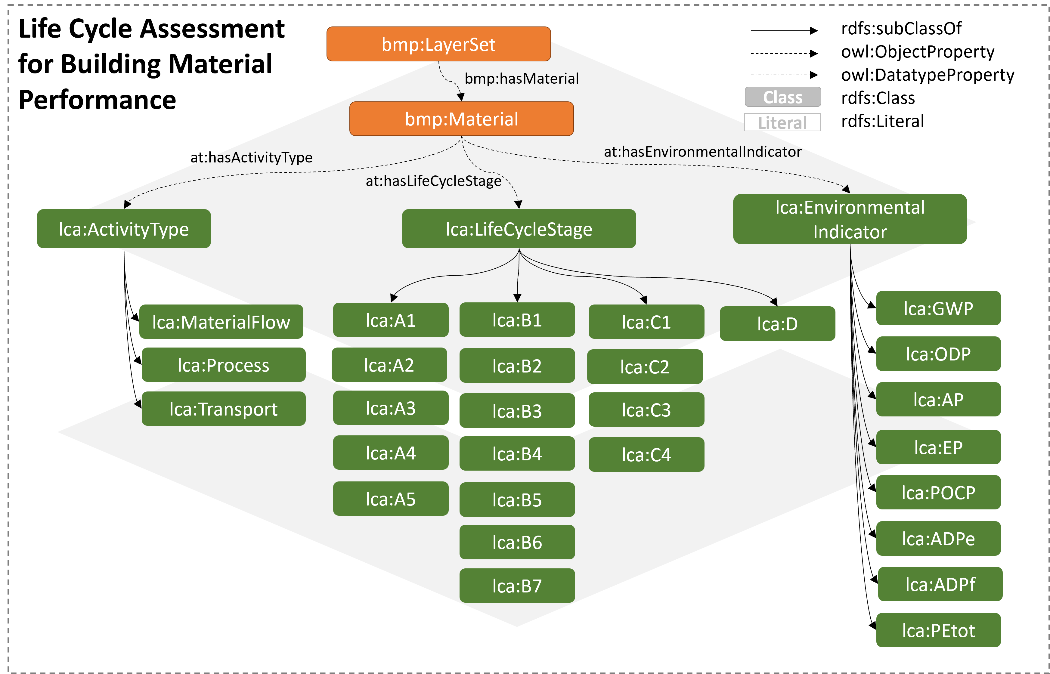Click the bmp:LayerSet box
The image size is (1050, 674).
pyautogui.click(x=438, y=44)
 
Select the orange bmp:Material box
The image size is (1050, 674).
pyautogui.click(x=461, y=119)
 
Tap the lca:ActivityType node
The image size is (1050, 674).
pyautogui.click(x=124, y=229)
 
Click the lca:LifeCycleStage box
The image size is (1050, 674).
pyautogui.click(x=519, y=229)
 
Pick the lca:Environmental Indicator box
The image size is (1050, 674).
pyautogui.click(x=850, y=219)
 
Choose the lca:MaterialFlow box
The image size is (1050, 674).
pyautogui.click(x=221, y=322)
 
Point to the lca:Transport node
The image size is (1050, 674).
pyautogui.click(x=223, y=409)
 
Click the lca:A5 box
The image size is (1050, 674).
pyautogui.click(x=390, y=499)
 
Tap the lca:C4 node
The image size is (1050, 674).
pyautogui.click(x=646, y=454)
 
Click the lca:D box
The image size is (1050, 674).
pyautogui.click(x=777, y=324)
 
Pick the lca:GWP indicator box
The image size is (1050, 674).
pyautogui.click(x=938, y=308)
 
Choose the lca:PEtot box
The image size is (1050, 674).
pyautogui.click(x=938, y=630)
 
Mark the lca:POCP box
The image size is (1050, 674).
pyautogui.click(x=938, y=492)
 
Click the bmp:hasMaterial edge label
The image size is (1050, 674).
pyautogui.click(x=521, y=79)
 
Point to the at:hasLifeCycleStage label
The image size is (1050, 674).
pyautogui.click(x=433, y=181)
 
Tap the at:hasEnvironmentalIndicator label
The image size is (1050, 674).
pyautogui.click(x=702, y=152)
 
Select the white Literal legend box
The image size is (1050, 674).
pyautogui.click(x=782, y=122)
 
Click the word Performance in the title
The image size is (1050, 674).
pyautogui.click(x=97, y=100)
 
